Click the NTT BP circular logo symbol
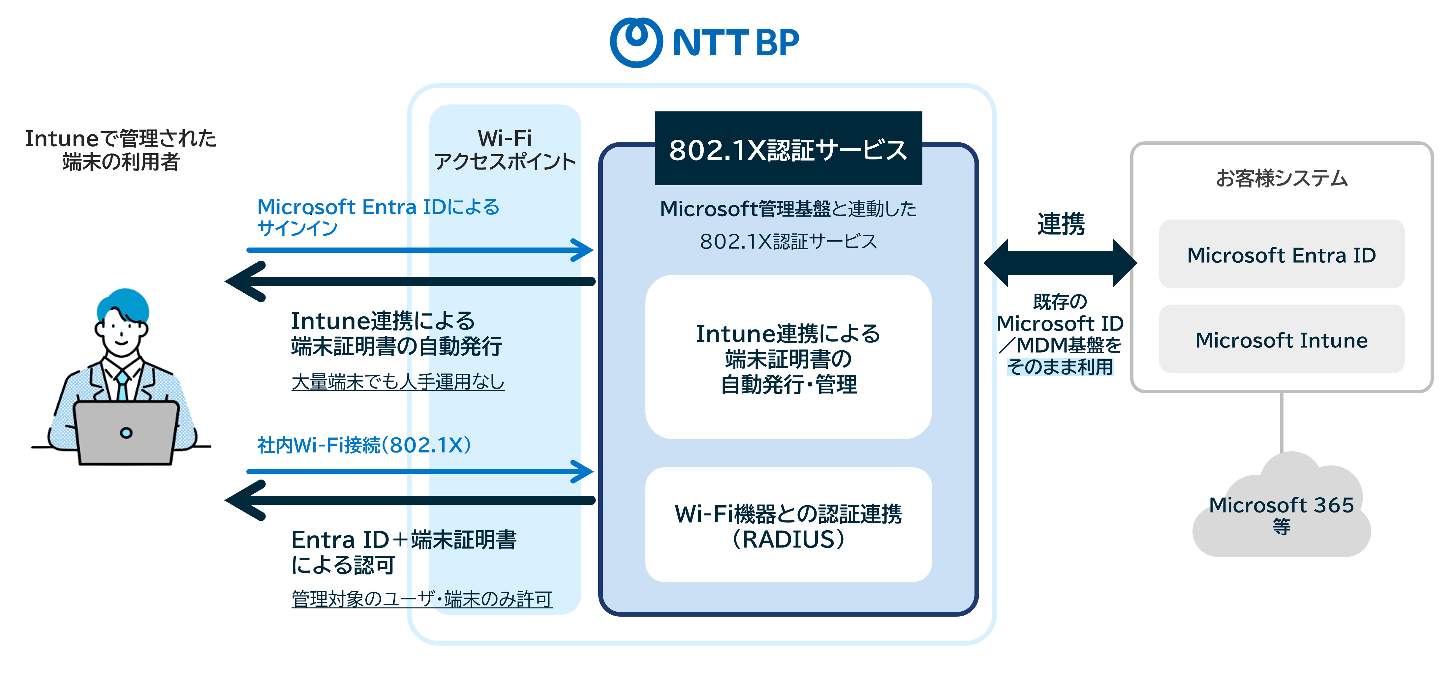pyautogui.click(x=636, y=42)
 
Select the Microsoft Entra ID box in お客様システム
pyautogui.click(x=1281, y=255)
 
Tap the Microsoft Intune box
pyautogui.click(x=1281, y=340)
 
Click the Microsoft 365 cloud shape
pyautogui.click(x=1281, y=513)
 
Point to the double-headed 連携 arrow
pyautogui.click(x=1060, y=263)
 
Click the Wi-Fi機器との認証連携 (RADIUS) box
pyautogui.click(x=788, y=525)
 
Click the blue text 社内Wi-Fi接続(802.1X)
pyautogui.click(x=364, y=445)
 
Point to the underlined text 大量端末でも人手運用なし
pyautogui.click(x=398, y=382)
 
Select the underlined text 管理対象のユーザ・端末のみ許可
pyautogui.click(x=421, y=599)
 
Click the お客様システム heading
pyautogui.click(x=1281, y=178)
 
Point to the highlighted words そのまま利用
pyautogui.click(x=1060, y=367)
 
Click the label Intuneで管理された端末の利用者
pyautogui.click(x=121, y=150)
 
